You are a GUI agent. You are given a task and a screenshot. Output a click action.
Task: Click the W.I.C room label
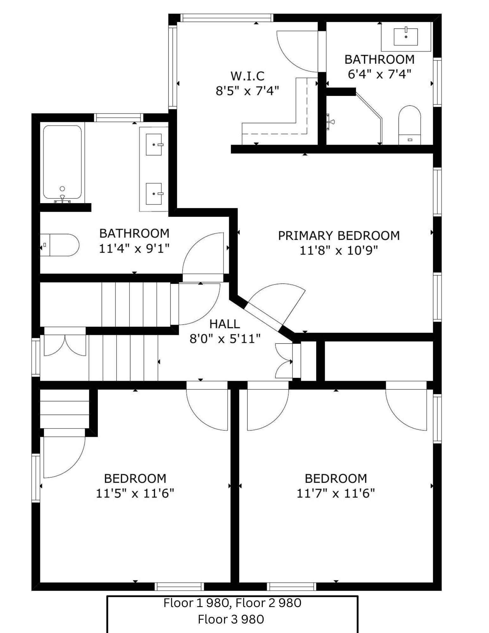pyautogui.click(x=247, y=76)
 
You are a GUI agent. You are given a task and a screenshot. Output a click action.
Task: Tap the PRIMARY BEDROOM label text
pyautogui.click(x=339, y=236)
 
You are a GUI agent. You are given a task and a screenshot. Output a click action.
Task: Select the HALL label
pyautogui.click(x=225, y=324)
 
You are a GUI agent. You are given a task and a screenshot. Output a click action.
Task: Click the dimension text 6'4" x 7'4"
pyautogui.click(x=379, y=74)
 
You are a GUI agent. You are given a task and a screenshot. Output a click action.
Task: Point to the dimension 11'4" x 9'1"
pyautogui.click(x=135, y=248)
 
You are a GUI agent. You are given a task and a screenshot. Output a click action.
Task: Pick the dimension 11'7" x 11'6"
pyautogui.click(x=335, y=493)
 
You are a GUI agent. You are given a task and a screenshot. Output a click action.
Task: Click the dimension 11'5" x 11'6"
pyautogui.click(x=135, y=493)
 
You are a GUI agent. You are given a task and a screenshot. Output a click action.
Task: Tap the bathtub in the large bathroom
pyautogui.click(x=62, y=164)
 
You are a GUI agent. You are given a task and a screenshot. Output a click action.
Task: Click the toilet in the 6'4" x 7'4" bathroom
pyautogui.click(x=410, y=125)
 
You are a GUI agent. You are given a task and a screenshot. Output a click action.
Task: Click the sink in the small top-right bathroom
pyautogui.click(x=406, y=37)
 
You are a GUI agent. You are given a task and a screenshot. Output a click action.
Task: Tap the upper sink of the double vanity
pyautogui.click(x=154, y=144)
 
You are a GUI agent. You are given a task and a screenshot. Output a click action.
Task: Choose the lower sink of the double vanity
pyautogui.click(x=154, y=193)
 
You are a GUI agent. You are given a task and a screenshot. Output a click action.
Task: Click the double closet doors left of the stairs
pyautogui.click(x=65, y=346)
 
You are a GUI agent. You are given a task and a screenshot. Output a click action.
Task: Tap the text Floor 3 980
pyautogui.click(x=231, y=619)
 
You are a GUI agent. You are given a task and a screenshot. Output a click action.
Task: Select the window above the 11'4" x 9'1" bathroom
pyautogui.click(x=119, y=118)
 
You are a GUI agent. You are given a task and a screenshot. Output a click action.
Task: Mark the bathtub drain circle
pyautogui.click(x=62, y=189)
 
